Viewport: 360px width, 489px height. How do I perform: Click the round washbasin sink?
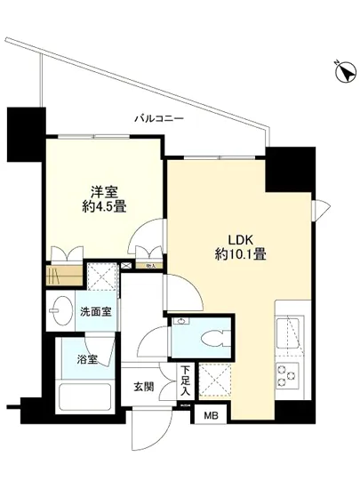[x=62, y=314]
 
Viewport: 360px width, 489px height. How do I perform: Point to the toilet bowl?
[x=210, y=337]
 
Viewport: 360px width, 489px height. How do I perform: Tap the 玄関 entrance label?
[x=144, y=388]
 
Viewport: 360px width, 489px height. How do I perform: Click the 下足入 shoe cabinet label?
[x=185, y=381]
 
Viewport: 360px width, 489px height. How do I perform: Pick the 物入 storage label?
[x=151, y=265]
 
